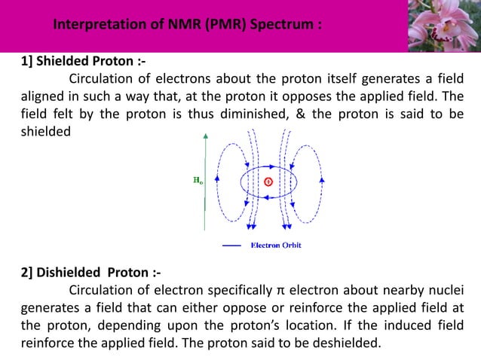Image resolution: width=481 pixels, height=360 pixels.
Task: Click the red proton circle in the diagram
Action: point(268,182)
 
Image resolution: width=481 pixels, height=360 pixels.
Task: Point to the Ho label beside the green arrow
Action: point(198,181)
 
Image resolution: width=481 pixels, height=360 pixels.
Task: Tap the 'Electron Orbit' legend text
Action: point(276,245)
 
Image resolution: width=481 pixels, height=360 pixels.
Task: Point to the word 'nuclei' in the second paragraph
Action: point(444,290)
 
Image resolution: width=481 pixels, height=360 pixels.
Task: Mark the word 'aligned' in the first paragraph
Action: point(41,96)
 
